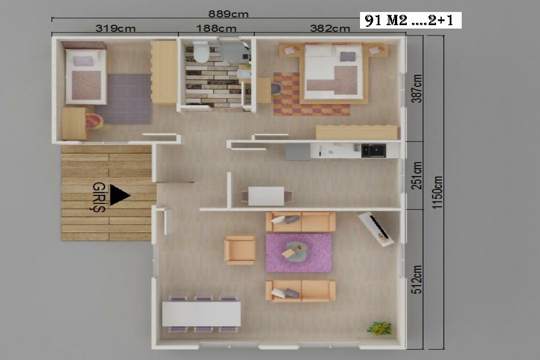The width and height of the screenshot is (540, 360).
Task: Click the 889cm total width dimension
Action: (x=228, y=14)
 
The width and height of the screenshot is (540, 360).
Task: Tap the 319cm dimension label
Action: (x=115, y=28)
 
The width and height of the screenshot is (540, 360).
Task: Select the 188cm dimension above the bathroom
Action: (x=216, y=28)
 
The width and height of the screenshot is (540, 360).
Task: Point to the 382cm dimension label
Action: (x=330, y=28)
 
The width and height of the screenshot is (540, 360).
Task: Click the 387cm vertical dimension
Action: (x=417, y=89)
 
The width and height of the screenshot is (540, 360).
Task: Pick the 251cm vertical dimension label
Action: (x=417, y=175)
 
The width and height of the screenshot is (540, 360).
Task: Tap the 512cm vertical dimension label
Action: (x=417, y=279)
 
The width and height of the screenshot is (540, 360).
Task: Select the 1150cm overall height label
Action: (x=437, y=192)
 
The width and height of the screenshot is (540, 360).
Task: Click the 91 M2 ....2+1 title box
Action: (x=410, y=21)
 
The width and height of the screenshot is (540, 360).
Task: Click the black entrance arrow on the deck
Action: (x=119, y=195)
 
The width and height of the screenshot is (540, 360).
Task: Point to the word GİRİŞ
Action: (x=99, y=197)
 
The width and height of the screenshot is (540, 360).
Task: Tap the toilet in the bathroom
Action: (x=201, y=51)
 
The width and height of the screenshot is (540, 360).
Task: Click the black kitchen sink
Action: (x=373, y=150)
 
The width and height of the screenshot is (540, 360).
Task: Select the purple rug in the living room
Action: (x=299, y=253)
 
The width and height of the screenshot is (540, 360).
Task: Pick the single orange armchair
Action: (x=239, y=250)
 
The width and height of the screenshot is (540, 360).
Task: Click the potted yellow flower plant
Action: (x=379, y=328)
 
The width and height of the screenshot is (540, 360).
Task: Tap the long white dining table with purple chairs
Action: (x=202, y=314)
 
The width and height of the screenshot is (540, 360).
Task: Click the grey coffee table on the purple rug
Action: (x=295, y=250)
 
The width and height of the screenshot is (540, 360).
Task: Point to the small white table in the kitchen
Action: (x=266, y=196)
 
